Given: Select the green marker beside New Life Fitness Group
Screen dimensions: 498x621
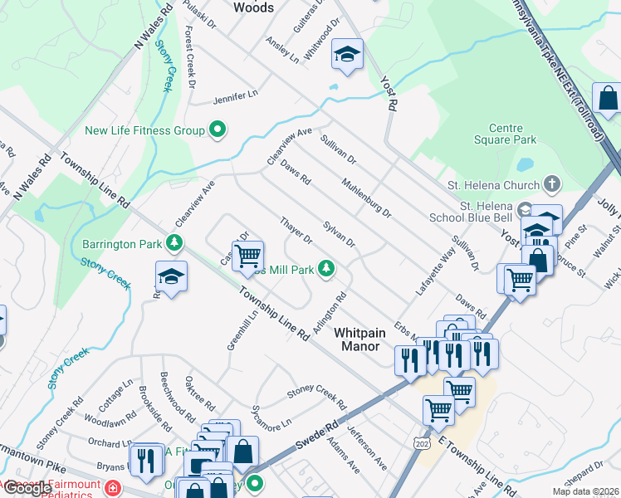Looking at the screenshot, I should [x=218, y=129].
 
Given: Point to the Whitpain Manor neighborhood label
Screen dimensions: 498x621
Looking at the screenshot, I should [x=359, y=339].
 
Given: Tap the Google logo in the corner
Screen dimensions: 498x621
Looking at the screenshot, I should [x=27, y=488].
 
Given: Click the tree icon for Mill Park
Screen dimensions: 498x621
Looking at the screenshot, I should [x=327, y=268].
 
